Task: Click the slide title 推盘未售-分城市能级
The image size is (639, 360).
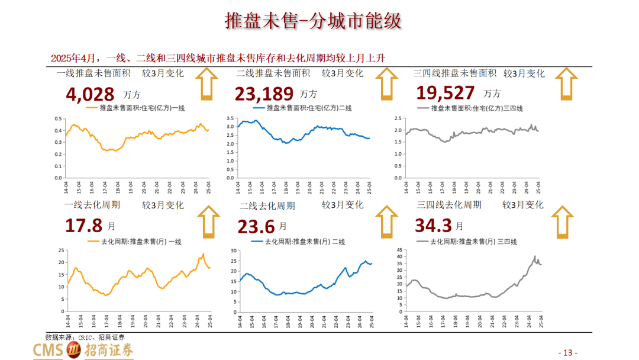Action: (313, 21)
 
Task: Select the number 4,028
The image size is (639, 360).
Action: (91, 94)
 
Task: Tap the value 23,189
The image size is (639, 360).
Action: (264, 94)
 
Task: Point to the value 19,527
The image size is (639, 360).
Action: (446, 93)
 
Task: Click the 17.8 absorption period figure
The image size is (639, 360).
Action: (84, 226)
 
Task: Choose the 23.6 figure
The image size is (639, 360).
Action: (256, 227)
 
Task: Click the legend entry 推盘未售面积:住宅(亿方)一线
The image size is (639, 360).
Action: (135, 108)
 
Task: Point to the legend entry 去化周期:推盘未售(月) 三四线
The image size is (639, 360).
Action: (467, 242)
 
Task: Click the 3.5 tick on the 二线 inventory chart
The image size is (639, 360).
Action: (230, 118)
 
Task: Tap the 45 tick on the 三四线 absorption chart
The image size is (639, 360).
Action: (399, 249)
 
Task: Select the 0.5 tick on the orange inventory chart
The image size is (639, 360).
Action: (58, 118)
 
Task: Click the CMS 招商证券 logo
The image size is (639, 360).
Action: (83, 350)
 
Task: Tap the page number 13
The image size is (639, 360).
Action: (567, 352)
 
